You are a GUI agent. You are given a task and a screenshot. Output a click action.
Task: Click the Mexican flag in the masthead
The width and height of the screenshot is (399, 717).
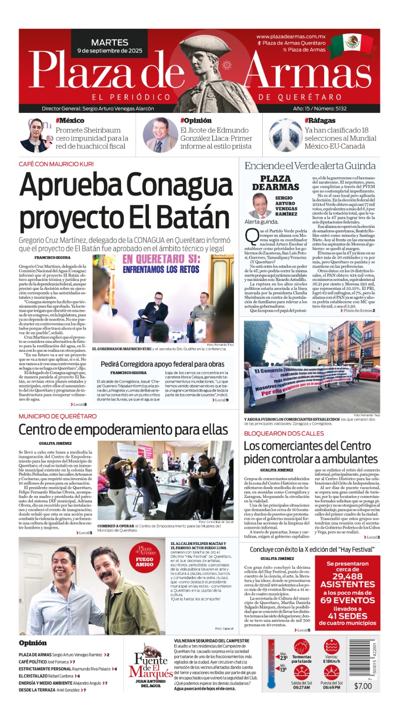point(358,44)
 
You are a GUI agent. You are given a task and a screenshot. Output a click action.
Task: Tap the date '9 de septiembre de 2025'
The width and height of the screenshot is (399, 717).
point(110,51)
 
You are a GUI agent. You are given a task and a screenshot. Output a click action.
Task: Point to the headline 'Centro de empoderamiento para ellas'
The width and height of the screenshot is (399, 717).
point(123,430)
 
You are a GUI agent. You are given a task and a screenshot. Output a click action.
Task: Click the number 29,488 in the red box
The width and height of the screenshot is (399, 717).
point(347,577)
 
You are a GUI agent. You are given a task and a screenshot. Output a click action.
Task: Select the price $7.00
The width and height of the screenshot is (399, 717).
point(363,686)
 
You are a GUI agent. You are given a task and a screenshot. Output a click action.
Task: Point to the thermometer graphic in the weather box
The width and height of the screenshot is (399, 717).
point(271,663)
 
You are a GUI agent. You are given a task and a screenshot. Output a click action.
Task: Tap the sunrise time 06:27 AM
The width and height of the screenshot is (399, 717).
point(301,687)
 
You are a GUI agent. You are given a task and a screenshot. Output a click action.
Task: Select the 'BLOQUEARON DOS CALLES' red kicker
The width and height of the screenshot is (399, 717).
point(284,433)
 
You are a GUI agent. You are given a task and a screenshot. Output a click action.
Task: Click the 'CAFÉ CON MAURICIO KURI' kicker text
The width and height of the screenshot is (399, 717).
point(56,164)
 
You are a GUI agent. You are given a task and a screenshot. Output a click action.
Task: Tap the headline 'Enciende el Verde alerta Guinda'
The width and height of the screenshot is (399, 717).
point(310,166)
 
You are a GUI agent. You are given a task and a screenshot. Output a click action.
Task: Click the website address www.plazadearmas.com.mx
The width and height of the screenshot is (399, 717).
point(291,37)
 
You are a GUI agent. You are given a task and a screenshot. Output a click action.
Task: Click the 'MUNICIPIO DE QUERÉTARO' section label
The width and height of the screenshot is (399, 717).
point(57,416)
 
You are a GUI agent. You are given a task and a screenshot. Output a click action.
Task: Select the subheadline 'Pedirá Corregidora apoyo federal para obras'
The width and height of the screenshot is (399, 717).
point(162,364)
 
